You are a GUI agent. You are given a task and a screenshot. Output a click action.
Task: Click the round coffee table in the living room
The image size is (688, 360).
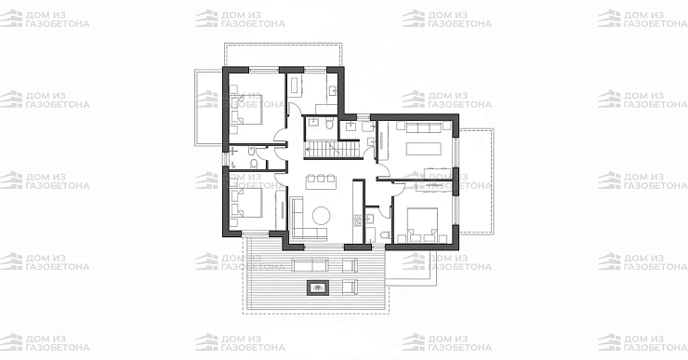(x=321, y=216)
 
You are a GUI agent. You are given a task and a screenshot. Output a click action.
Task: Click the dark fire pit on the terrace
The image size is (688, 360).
(x=317, y=288)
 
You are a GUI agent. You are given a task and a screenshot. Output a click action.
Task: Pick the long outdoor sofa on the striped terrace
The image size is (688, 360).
(x=310, y=265)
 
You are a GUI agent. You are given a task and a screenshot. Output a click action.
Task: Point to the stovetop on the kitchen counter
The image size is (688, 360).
(x=357, y=220)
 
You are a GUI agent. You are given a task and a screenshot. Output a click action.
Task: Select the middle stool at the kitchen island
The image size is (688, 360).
(x=322, y=179)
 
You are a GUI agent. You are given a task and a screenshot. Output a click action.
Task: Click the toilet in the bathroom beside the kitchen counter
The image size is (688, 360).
(x=386, y=236)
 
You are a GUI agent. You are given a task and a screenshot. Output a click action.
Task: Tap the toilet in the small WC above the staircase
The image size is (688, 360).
(x=329, y=125)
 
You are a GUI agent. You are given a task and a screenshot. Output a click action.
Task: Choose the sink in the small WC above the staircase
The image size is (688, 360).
(x=312, y=122)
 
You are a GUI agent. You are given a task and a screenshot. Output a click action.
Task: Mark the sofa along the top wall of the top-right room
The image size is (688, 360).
(x=423, y=127)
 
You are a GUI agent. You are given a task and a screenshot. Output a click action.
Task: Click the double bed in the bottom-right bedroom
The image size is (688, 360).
(x=422, y=224)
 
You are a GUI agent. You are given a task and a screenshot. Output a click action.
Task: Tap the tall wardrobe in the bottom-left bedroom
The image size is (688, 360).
(x=281, y=209)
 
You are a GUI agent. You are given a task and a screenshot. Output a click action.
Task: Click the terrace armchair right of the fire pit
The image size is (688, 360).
(x=350, y=287)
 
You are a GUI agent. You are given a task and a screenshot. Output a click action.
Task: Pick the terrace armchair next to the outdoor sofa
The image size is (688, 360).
(x=350, y=265)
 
